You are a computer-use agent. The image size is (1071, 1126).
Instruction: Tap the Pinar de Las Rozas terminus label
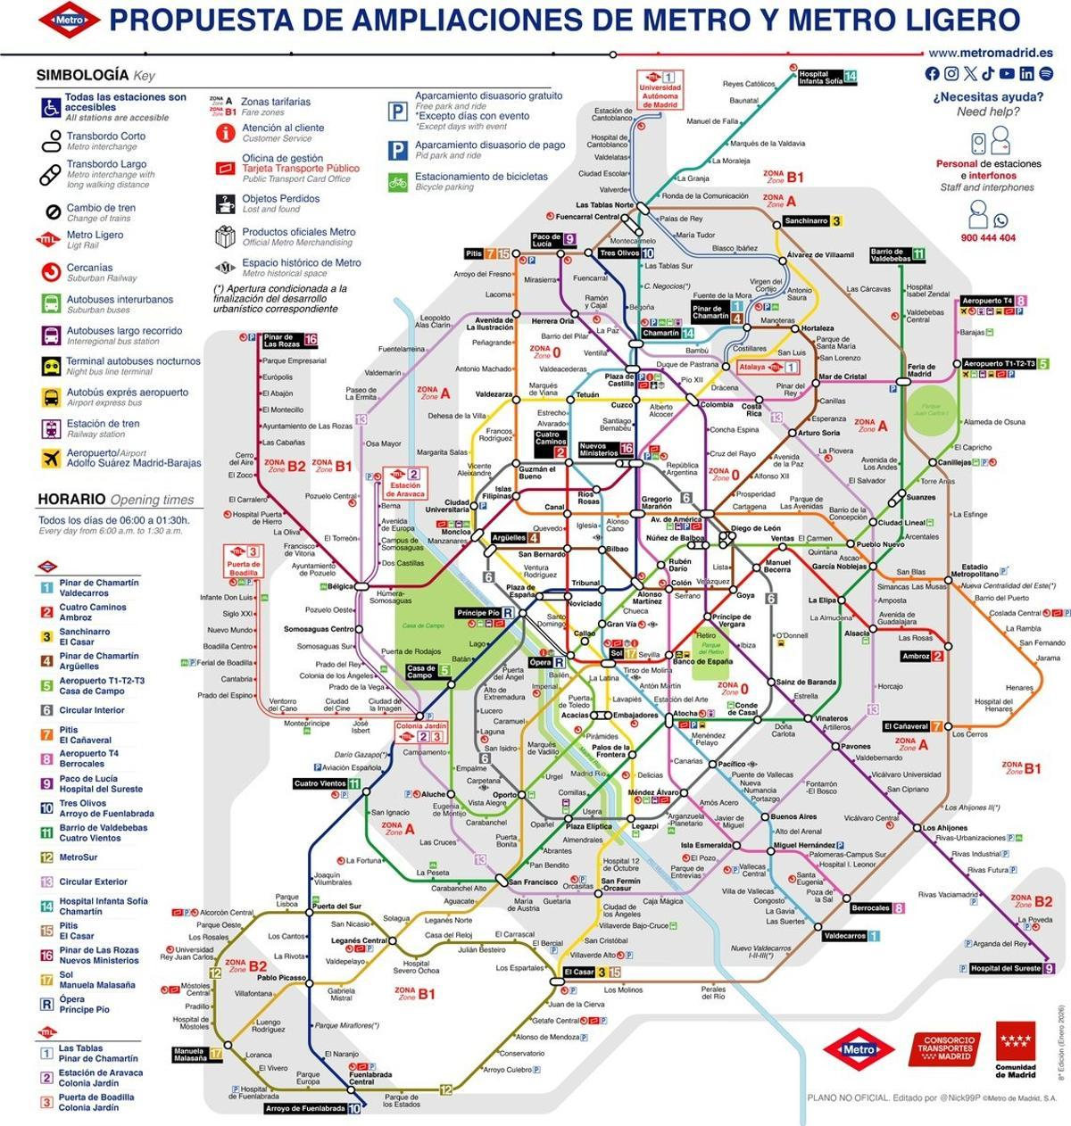283,340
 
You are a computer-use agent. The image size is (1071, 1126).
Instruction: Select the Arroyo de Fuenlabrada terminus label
305,1108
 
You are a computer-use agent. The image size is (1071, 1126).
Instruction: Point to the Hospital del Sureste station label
1006,968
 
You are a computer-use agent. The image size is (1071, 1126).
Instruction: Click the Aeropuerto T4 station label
987,302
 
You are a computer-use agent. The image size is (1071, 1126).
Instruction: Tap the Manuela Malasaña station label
190,1054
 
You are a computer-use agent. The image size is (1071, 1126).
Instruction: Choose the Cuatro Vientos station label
320,784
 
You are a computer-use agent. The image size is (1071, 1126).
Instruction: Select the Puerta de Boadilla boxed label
243,565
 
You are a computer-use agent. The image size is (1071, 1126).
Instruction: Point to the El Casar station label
579,972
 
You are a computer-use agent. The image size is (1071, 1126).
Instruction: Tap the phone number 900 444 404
988,238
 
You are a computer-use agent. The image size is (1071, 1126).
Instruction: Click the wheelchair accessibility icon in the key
51,107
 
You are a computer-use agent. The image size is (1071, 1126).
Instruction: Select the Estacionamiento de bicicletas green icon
397,182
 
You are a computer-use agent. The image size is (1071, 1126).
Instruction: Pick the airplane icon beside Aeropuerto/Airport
51,458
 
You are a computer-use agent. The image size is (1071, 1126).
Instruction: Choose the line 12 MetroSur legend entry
80,857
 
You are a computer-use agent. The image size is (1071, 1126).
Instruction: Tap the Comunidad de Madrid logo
1017,1051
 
